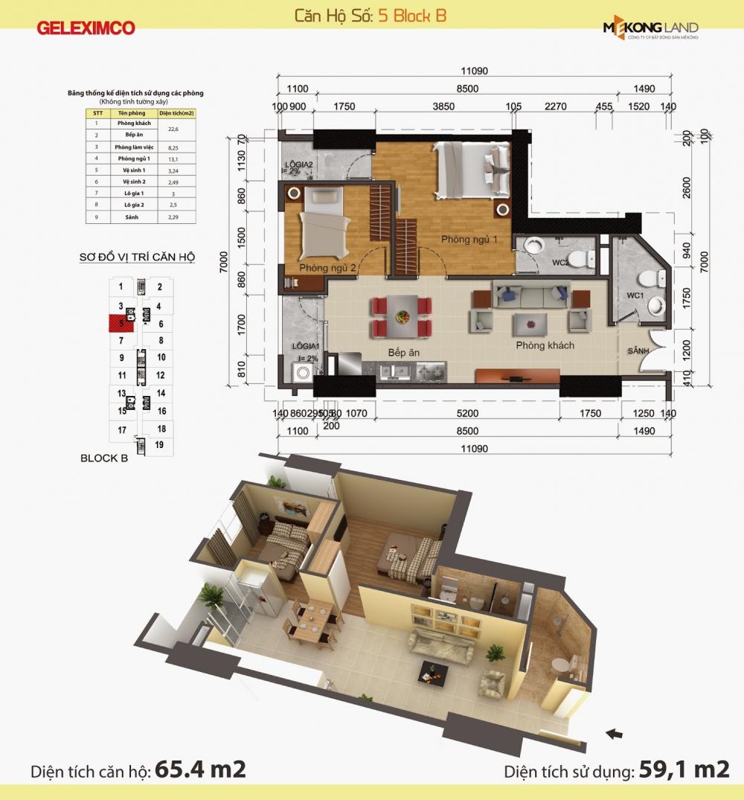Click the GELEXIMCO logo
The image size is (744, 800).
pos(86,28)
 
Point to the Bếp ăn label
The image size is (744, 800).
pos(403,352)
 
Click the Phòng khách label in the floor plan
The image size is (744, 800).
pos(545,345)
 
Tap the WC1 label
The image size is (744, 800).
pos(635,295)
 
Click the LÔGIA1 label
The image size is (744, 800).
pos(306,347)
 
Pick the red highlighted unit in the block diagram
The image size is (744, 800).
pos(118,323)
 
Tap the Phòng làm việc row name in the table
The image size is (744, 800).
pos(133,147)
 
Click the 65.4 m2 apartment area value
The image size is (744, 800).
pos(200,769)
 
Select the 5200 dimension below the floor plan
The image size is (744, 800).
pos(467,414)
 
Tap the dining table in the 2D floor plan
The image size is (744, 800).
pos(402,316)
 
